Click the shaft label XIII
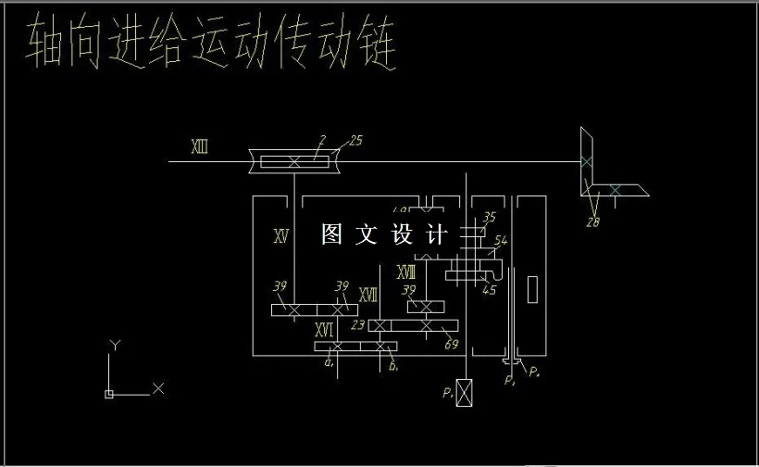pos(199,146)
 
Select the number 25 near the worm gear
pos(355,141)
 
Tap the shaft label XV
pos(282,236)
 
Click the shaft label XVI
pos(323,330)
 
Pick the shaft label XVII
pos(367,295)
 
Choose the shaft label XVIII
pos(405,272)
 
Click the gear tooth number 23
pos(359,325)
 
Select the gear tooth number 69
pos(452,345)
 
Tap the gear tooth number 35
pos(490,217)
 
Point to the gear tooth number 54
pos(501,241)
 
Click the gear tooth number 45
pos(490,290)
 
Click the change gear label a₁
pos(329,364)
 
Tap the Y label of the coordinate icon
pos(115,345)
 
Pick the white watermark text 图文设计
pos(384,235)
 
